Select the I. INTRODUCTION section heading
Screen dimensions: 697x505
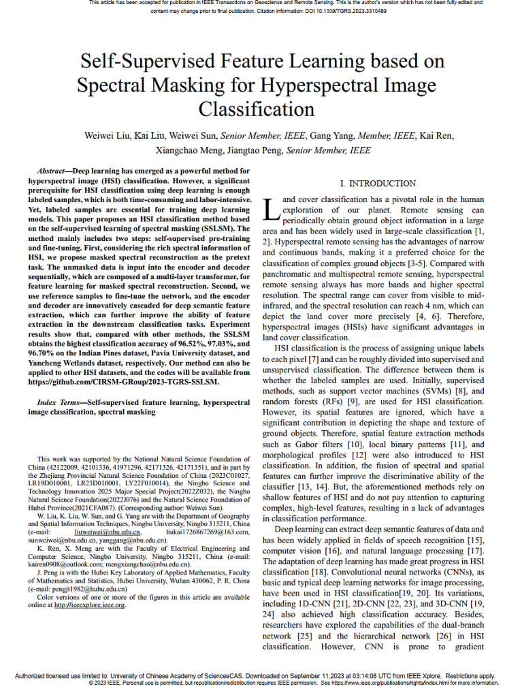377,184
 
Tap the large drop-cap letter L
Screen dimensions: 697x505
271,210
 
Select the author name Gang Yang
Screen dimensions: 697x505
329,135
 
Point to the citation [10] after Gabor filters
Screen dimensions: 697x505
353,444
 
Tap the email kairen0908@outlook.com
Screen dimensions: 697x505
65,573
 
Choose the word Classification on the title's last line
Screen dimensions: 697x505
257,109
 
